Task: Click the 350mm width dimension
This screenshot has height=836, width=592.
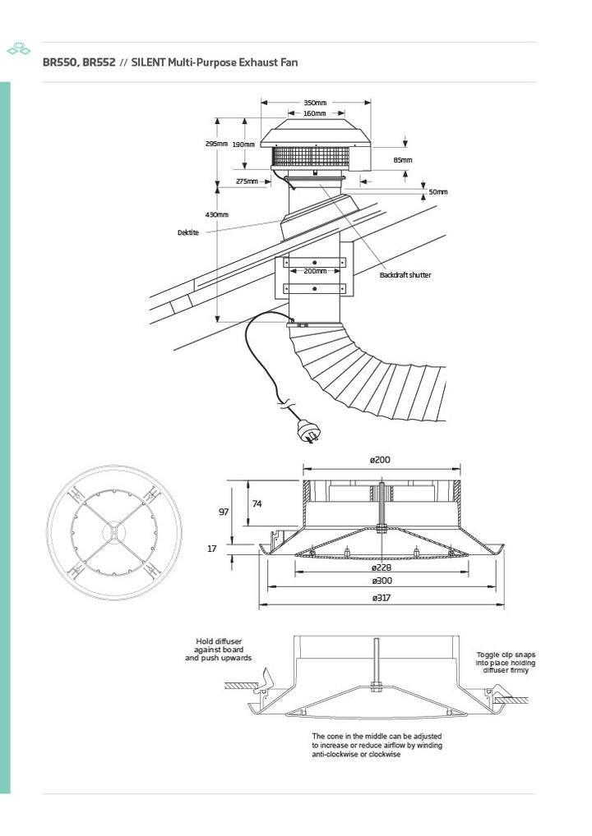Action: click(315, 103)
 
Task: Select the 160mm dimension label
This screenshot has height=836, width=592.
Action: click(315, 113)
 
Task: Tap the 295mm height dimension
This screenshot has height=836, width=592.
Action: click(216, 144)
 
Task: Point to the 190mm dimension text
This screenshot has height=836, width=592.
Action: click(243, 145)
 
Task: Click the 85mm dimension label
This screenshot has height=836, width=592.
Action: click(403, 160)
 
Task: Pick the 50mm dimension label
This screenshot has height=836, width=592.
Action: click(438, 192)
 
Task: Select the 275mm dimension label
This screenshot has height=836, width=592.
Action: click(247, 181)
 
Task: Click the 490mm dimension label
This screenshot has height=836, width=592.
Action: click(217, 215)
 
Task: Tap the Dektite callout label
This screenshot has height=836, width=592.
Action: click(188, 232)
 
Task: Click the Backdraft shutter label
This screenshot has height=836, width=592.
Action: click(405, 275)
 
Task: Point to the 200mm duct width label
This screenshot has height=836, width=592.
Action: click(315, 271)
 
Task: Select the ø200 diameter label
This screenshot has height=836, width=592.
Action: click(380, 460)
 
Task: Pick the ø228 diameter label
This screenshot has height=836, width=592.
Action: click(382, 567)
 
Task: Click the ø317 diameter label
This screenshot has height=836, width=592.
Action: click(382, 598)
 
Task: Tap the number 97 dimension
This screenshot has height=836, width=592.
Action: click(224, 512)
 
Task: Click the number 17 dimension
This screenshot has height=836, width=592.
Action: click(212, 549)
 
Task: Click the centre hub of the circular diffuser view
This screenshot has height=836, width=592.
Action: click(113, 532)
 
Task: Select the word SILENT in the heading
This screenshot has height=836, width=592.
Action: click(148, 62)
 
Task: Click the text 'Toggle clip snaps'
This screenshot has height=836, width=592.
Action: click(506, 655)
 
